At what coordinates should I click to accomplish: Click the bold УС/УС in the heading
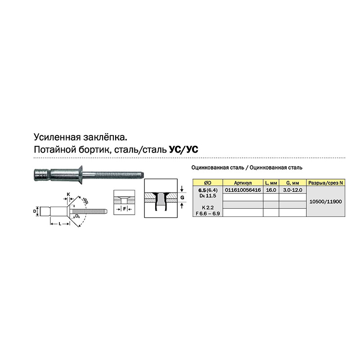184,149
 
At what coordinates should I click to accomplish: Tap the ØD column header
207,183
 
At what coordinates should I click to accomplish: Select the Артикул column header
243,183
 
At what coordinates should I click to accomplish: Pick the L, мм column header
271,183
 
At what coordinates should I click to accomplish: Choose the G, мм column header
292,183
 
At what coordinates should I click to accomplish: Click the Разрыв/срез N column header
325,183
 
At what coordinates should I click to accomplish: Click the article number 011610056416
243,190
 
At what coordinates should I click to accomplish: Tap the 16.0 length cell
271,190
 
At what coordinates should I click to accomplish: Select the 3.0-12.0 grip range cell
292,190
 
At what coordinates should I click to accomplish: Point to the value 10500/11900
325,202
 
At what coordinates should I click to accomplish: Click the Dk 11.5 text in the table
208,196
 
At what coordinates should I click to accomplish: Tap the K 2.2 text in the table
208,207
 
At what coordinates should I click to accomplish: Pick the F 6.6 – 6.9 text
208,213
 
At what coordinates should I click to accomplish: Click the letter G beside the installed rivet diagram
182,198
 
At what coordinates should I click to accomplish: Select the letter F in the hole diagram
125,209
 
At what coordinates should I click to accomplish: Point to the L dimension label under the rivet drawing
60,224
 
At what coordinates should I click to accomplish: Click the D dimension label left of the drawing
35,211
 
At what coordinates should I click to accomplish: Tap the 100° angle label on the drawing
85,201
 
